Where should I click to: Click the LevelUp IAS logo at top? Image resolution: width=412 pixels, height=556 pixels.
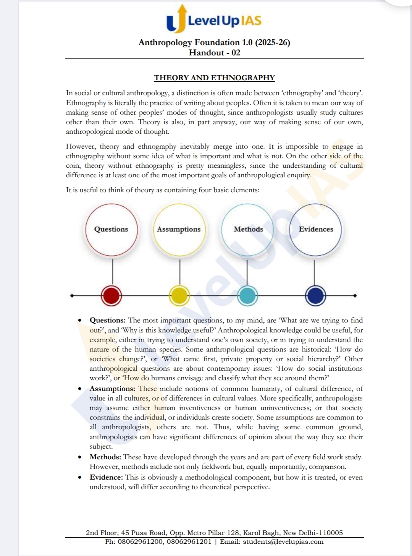pos(214,19)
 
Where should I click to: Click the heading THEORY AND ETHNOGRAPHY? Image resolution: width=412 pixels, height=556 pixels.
pos(214,78)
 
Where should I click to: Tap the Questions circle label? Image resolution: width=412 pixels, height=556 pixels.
pos(111,229)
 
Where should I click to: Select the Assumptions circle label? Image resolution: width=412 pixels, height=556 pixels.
pos(179,229)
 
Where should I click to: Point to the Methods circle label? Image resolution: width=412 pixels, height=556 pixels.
pos(248,229)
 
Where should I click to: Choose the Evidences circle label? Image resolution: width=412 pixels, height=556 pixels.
pos(316,229)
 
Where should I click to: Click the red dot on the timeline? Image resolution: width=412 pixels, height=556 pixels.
pos(111,296)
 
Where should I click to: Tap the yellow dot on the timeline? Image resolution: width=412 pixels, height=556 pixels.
pos(179,296)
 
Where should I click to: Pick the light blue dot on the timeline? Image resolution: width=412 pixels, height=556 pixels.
pos(247,296)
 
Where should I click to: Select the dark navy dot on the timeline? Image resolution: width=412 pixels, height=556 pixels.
pos(315,296)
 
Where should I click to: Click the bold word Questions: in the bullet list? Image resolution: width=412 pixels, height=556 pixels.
pos(107,320)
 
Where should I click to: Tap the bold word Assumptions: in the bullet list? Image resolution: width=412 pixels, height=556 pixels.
pos(112,389)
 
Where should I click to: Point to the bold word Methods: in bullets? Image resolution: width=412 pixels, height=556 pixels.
pos(105,457)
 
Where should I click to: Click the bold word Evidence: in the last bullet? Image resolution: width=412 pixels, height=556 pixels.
pos(106,477)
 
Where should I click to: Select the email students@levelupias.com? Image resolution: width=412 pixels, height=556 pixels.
pos(283,541)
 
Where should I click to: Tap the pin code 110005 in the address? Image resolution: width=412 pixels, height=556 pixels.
pos(331,533)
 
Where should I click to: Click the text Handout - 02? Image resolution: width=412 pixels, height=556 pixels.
pos(214,53)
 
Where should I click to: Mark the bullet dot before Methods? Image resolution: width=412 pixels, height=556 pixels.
pos(80,457)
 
